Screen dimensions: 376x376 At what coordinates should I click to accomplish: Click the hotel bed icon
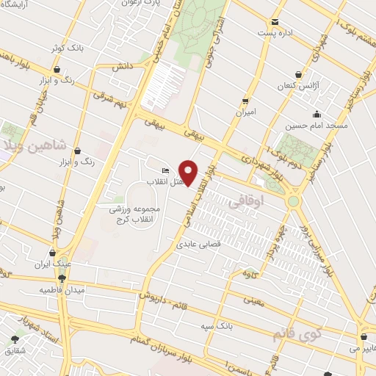coord(165,170)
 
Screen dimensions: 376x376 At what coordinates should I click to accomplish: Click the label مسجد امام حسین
coord(316,126)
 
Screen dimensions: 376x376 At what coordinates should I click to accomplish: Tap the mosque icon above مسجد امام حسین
coord(316,114)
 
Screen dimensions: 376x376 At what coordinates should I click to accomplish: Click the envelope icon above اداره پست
coord(275,22)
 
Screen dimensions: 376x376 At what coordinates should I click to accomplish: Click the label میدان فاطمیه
coord(62,290)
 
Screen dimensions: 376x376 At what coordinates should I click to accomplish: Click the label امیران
coord(245,112)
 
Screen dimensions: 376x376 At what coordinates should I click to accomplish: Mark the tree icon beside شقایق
coord(15,339)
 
